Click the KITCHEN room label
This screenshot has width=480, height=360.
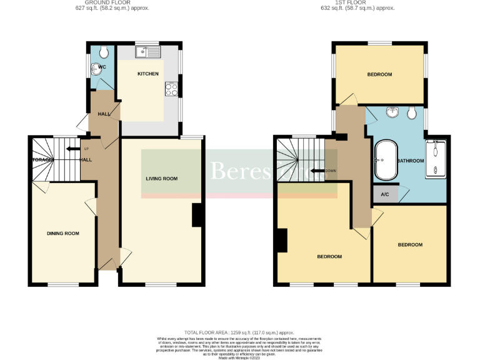click(148, 74)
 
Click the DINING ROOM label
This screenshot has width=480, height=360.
click(63, 233)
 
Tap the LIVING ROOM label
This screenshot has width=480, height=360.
click(161, 179)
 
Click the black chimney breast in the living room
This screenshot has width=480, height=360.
click(197, 215)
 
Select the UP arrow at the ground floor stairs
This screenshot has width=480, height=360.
click(73, 149)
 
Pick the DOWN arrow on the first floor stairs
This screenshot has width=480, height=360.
click(319, 170)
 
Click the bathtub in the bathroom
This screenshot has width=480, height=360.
click(383, 161)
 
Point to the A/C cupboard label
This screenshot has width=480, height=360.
click(385, 194)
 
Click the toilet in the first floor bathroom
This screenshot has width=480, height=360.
click(411, 112)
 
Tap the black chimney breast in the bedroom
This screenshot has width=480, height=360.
click(281, 241)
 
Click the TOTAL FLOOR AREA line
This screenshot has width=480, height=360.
click(239, 332)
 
